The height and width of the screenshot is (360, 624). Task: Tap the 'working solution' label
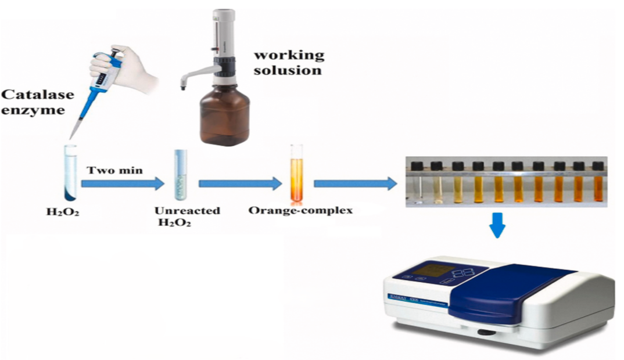point(288,63)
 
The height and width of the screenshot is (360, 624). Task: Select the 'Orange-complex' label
point(300,211)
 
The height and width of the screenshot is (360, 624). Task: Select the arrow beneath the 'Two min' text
point(122,185)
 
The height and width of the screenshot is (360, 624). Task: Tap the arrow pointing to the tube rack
point(355,185)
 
